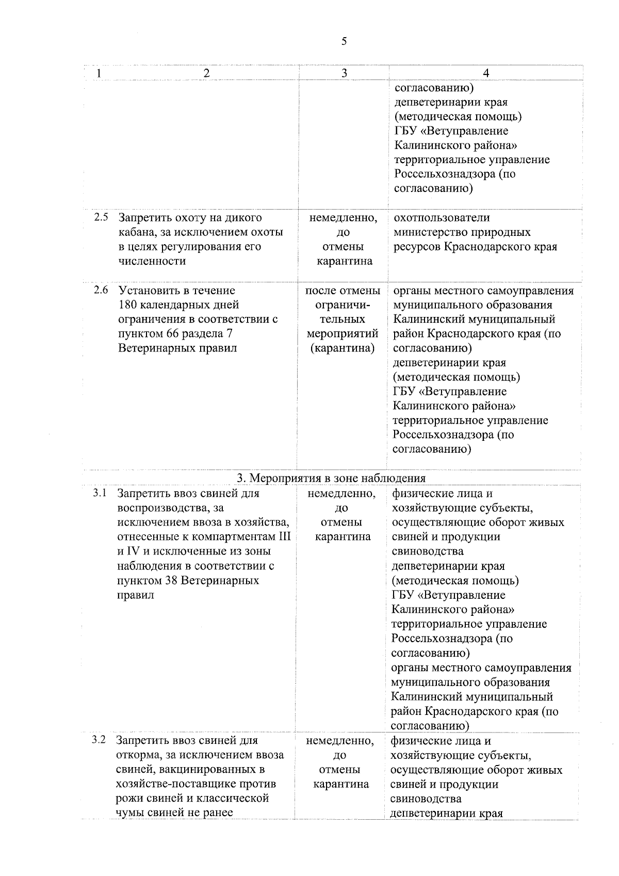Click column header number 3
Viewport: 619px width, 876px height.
(344, 73)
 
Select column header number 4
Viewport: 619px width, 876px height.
(486, 73)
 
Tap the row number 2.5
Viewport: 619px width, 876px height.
(101, 217)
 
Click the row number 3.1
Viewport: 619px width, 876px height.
(100, 493)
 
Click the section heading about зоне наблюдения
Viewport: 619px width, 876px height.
(331, 478)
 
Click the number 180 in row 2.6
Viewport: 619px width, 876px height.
(128, 305)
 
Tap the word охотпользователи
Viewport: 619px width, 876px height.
(442, 218)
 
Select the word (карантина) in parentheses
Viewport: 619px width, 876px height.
(342, 348)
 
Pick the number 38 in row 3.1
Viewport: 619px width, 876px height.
(171, 580)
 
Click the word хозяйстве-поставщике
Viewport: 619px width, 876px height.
(175, 784)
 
